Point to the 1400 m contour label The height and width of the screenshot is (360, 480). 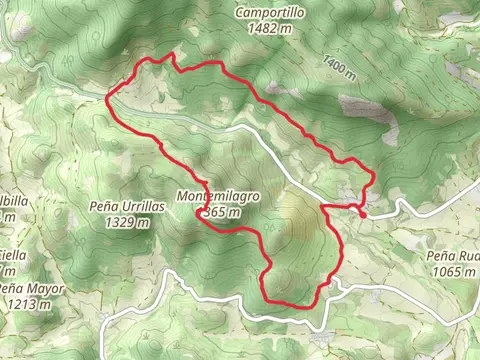click(x=340, y=66)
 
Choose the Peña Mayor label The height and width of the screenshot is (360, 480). click(x=31, y=289)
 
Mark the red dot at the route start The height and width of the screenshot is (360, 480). click(x=361, y=212)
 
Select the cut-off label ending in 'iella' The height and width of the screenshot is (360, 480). click(x=12, y=255)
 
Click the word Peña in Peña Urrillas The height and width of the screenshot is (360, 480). click(x=105, y=206)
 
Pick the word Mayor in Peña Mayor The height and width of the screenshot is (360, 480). click(x=45, y=289)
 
